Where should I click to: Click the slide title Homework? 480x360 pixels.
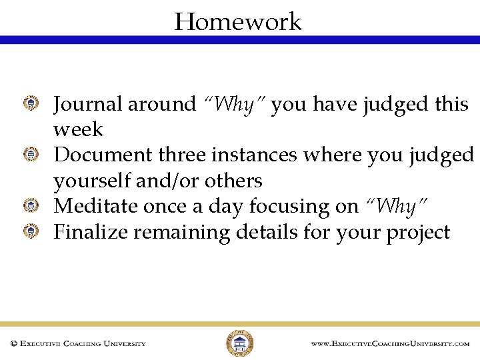point(238,22)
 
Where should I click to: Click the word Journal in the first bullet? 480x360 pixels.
point(87,105)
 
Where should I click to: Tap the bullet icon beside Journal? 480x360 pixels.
point(31,103)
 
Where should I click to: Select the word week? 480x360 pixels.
point(78,129)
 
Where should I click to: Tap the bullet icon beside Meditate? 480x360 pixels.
point(31,205)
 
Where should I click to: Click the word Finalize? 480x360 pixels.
point(91,233)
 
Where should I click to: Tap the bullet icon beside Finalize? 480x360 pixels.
point(31,231)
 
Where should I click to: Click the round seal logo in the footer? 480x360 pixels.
point(239,343)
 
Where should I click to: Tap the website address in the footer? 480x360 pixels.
point(390,344)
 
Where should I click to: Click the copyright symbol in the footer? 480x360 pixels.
point(13,344)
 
